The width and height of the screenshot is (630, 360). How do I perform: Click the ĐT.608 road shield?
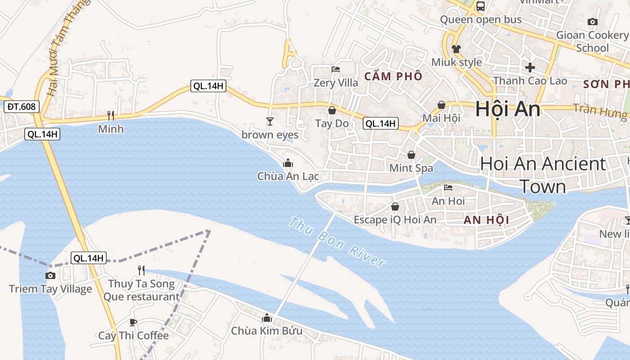(x=22, y=107)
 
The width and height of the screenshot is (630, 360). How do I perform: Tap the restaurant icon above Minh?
(x=111, y=116)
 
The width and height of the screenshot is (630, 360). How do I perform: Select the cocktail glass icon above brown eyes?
(x=270, y=121)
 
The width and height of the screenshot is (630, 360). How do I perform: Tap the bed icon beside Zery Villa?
(x=336, y=69)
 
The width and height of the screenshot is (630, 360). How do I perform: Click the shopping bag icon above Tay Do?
(x=332, y=110)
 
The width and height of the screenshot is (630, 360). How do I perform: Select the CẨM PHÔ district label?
(x=393, y=76)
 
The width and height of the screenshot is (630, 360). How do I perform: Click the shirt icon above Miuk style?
(x=456, y=49)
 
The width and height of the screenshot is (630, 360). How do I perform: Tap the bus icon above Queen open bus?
(x=481, y=6)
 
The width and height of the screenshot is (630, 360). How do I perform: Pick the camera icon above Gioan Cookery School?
(x=593, y=22)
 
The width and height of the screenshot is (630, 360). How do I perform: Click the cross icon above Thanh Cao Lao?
(x=530, y=67)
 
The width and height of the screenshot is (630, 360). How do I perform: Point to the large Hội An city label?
(x=508, y=109)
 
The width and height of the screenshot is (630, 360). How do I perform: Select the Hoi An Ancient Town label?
(x=543, y=175)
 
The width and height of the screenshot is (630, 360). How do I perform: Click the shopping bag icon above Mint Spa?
(x=411, y=155)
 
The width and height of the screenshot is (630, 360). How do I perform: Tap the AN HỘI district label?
(x=486, y=220)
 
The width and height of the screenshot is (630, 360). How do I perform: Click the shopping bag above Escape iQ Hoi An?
(x=395, y=207)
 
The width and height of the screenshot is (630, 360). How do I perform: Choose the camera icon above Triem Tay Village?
(x=50, y=275)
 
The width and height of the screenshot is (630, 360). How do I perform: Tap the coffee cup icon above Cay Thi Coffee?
(x=133, y=322)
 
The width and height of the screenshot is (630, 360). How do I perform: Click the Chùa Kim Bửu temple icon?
(x=267, y=318)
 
